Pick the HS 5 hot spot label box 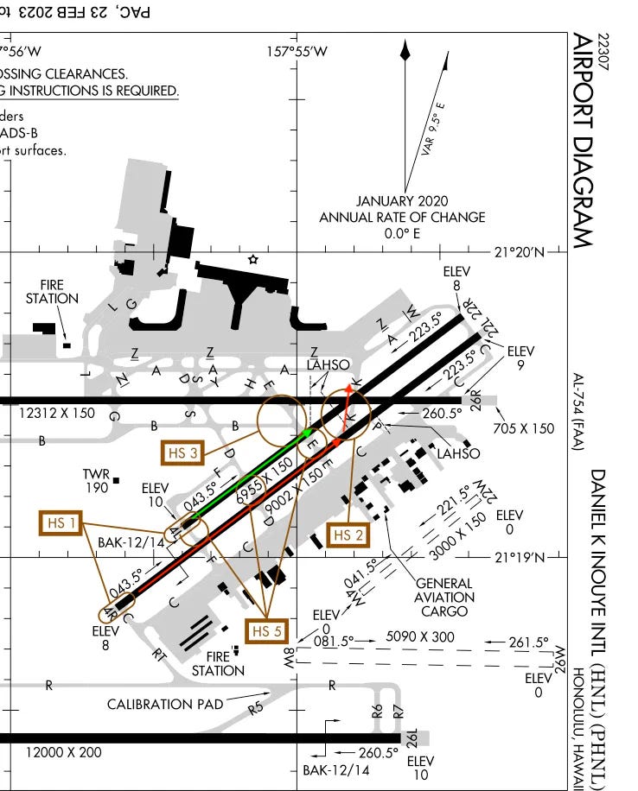[x=265, y=631]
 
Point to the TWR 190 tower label [x=96, y=481]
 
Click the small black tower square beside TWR [x=116, y=479]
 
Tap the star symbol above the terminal [x=252, y=259]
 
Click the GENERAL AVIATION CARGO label [x=445, y=597]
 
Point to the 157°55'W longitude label [x=297, y=51]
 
